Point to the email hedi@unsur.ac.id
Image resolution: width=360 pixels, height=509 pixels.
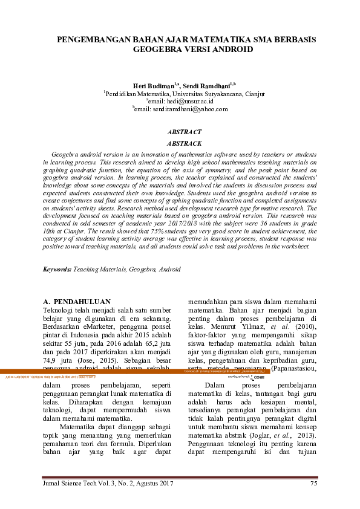(x=187, y=102)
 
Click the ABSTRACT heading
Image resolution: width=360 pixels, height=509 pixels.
(x=184, y=132)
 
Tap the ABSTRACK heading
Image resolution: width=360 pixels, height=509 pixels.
(x=184, y=143)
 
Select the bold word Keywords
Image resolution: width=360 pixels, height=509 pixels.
(x=57, y=269)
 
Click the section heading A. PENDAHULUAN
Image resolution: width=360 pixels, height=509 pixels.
(x=77, y=301)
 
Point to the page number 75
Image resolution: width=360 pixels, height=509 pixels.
(x=313, y=484)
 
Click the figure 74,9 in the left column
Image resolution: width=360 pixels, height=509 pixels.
(x=51, y=358)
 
